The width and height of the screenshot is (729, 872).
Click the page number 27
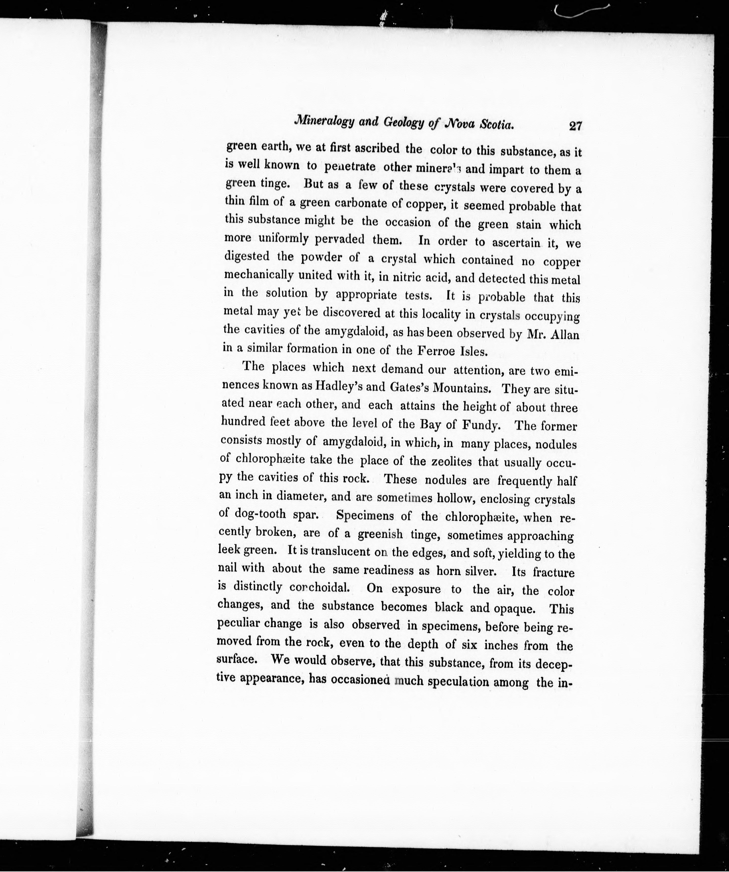point(575,126)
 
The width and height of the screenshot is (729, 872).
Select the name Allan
point(564,335)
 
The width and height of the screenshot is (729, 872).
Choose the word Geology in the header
point(406,123)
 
